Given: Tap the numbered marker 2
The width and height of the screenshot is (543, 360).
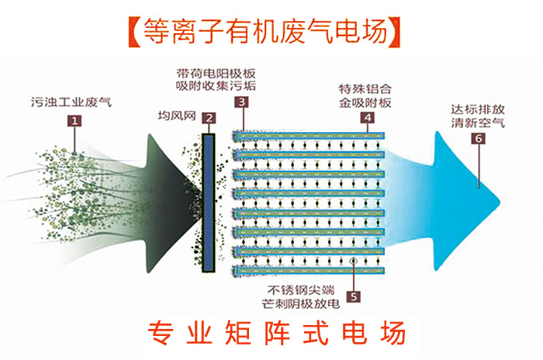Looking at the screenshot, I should (x=208, y=119).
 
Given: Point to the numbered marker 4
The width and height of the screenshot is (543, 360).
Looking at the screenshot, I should (x=367, y=118).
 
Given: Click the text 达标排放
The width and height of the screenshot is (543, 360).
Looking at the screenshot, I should (x=470, y=109).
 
